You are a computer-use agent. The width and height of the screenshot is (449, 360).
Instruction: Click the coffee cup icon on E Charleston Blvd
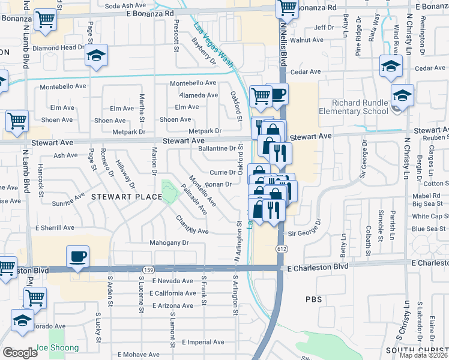click(77, 257)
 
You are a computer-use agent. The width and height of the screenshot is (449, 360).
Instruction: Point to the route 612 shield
click(281, 248)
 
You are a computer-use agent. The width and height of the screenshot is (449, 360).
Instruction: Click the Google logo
click(20, 353)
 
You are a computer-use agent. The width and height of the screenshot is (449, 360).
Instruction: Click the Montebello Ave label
click(193, 83)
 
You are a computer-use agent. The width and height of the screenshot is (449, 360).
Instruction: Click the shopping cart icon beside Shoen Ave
click(17, 120)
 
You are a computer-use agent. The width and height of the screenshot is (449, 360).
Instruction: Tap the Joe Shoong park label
click(57, 348)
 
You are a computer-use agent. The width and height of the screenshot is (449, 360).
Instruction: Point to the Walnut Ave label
click(306, 40)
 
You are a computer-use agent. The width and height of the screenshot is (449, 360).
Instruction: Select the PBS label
click(314, 299)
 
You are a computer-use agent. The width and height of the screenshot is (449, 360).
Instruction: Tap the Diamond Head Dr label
click(59, 47)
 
